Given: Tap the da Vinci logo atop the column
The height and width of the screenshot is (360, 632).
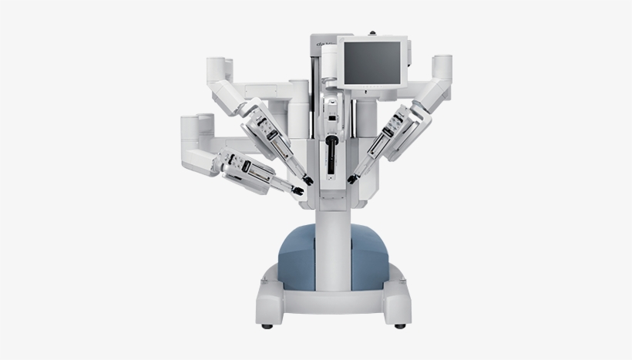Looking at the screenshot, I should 324,45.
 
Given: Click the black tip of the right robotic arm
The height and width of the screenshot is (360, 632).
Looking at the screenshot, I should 352,180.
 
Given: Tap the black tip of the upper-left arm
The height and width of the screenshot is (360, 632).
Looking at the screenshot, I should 308,180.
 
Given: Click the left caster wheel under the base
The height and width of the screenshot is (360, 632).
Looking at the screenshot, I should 267,326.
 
